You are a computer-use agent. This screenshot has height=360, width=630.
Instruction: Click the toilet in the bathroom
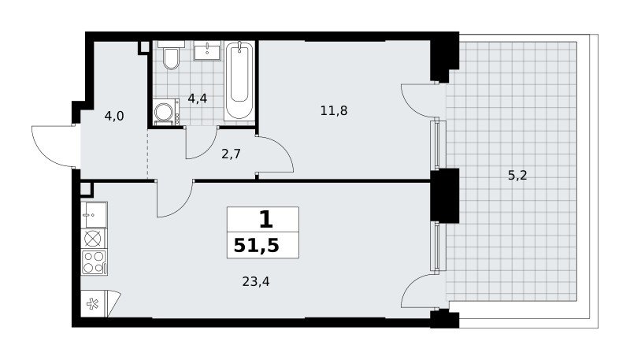coord(171,54)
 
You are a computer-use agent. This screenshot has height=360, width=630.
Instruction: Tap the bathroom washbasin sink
coord(207,50)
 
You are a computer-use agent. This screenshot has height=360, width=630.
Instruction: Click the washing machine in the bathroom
coord(166,113)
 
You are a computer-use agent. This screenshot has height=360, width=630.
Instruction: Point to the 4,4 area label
coord(198,98)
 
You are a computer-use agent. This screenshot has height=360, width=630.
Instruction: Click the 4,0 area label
coord(114,116)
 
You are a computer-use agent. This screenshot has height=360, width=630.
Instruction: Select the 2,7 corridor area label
coord(231,154)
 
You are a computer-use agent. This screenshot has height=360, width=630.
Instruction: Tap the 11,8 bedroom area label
coord(334,110)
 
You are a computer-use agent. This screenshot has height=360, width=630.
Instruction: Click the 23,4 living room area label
coord(256,281)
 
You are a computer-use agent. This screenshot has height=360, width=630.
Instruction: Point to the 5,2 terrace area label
coord(517,175)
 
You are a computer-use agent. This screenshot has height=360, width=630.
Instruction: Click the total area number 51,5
coord(257,245)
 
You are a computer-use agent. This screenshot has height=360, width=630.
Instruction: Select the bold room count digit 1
coord(265,220)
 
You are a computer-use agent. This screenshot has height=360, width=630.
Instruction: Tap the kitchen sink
coord(94,215)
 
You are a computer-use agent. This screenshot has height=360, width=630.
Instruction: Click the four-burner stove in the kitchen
coord(94,262)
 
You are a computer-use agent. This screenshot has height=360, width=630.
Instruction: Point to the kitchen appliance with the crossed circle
coord(94,239)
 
